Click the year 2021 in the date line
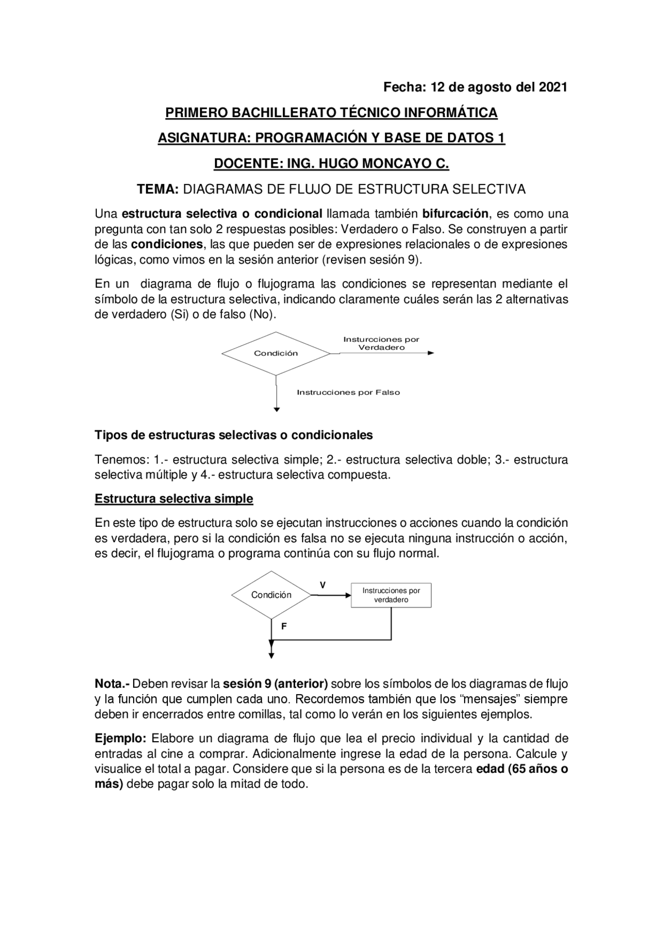pos(553,87)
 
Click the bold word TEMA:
pos(157,189)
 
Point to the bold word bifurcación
pos(455,213)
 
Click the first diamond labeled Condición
pos(276,353)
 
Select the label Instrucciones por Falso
pos(348,393)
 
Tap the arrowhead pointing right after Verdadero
pos(431,353)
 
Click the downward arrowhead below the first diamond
pos(277,409)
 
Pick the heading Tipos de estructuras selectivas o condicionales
pos(234,435)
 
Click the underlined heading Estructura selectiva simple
pos(174,499)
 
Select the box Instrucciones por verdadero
pos(391,595)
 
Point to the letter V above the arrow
pos(322,585)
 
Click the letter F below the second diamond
pos(284,626)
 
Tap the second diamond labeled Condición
pos(271,595)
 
